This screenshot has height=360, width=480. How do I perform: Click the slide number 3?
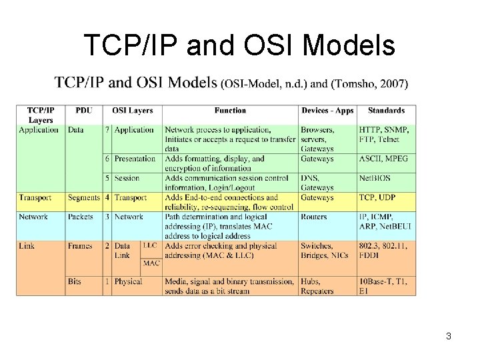pos(449,336)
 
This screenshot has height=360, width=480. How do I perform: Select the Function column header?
pos(230,111)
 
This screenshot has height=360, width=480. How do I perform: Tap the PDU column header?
pos(84,111)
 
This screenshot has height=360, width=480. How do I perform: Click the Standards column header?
pos(386,111)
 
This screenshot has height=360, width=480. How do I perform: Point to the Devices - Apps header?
pos(327,111)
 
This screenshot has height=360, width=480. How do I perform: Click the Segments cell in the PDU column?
pos(83,198)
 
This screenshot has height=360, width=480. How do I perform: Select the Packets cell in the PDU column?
pos(81,217)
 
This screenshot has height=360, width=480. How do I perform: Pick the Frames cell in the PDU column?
pos(80,246)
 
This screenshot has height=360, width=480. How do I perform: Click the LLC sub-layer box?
pos(151,246)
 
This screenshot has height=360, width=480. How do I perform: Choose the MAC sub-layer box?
pos(151,263)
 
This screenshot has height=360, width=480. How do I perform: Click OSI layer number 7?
pos(107,130)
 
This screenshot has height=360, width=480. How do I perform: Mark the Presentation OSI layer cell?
pos(135,159)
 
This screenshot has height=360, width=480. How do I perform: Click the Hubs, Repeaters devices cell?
pos(317,286)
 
